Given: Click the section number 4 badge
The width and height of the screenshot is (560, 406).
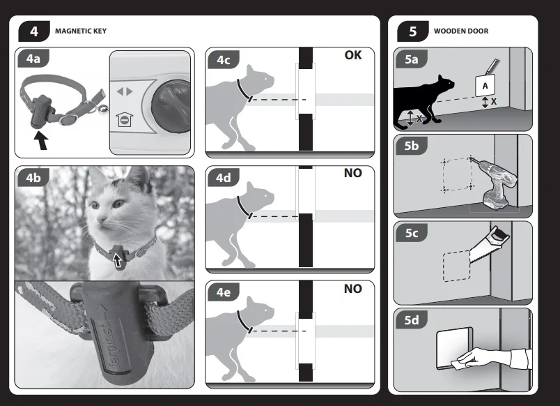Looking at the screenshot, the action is click(x=34, y=31).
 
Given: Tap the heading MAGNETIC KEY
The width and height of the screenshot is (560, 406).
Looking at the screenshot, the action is click(x=81, y=31).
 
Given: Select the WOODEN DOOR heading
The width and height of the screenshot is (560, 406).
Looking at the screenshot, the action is click(x=461, y=31).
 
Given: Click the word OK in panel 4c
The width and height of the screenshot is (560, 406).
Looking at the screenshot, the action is click(x=353, y=55).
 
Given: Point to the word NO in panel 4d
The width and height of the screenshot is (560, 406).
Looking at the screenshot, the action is click(x=353, y=173).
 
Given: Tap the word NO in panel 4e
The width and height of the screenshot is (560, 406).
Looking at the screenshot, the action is click(x=353, y=289).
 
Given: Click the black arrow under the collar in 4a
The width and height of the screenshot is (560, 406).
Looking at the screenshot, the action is click(x=41, y=140).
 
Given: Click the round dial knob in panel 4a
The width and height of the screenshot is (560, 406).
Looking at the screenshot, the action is click(x=171, y=106).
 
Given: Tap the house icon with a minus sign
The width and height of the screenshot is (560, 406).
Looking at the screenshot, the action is click(x=124, y=119).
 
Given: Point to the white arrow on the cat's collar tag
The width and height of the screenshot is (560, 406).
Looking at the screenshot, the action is click(x=117, y=260).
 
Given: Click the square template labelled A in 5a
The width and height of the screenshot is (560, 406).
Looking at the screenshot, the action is click(x=485, y=86).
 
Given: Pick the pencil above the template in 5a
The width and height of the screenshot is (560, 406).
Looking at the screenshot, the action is click(x=492, y=67).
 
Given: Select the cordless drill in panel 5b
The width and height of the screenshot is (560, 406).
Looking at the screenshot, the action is click(x=495, y=183).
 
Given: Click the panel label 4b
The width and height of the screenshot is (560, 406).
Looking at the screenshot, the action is click(x=33, y=178).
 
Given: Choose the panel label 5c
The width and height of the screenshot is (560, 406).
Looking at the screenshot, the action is click(x=412, y=233).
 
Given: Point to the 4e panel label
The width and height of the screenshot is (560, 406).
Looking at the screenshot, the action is click(x=223, y=292).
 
